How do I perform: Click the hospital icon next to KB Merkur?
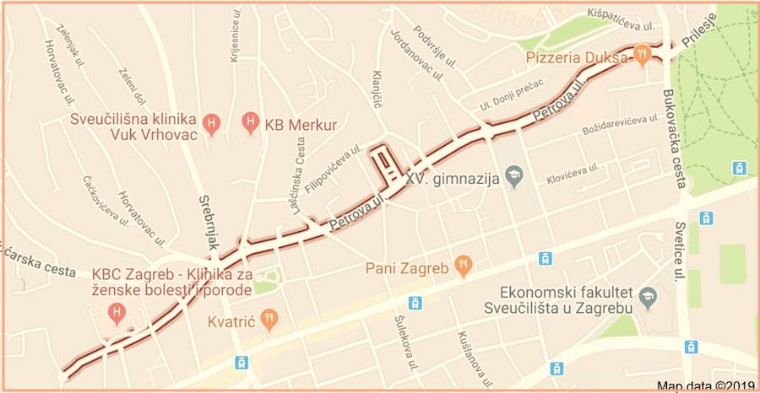point(250,124)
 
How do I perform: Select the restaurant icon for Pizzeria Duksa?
point(643,52)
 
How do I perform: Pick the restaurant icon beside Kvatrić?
point(269,319)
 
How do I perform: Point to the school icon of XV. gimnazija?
point(513,177)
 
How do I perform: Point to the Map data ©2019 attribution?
point(704,385)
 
